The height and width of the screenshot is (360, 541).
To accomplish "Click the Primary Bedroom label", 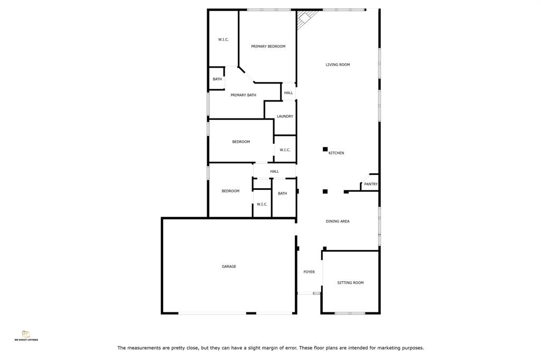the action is (x=268, y=46).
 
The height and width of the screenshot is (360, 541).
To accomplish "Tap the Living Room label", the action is (x=338, y=64).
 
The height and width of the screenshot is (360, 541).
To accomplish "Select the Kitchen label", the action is (x=336, y=153).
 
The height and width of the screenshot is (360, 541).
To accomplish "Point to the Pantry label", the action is (x=371, y=184).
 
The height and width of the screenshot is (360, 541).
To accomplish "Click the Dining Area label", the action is (x=338, y=221).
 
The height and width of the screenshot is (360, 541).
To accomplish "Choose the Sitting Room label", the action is (x=350, y=283).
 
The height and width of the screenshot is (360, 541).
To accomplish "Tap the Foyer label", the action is (x=309, y=272).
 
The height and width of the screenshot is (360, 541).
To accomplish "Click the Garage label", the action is (x=229, y=266).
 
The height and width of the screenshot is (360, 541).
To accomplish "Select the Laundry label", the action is (x=285, y=116).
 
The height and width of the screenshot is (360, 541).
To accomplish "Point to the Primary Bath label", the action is (x=243, y=95).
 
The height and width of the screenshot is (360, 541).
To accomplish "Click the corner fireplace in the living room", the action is (x=306, y=19).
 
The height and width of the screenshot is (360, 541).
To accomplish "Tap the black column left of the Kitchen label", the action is (x=325, y=149).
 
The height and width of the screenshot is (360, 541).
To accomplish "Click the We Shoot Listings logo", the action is (x=26, y=336).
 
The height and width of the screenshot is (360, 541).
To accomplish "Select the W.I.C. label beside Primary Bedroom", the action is (x=223, y=39).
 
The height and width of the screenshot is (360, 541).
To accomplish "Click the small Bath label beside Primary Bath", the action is (x=217, y=79).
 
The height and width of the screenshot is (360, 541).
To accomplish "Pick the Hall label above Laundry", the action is (x=288, y=93).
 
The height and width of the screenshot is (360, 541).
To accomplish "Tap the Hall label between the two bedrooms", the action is (x=274, y=171).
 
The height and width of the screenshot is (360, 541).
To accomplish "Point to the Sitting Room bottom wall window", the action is (x=350, y=313).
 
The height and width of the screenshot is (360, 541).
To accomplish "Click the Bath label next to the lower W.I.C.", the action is (x=282, y=193).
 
